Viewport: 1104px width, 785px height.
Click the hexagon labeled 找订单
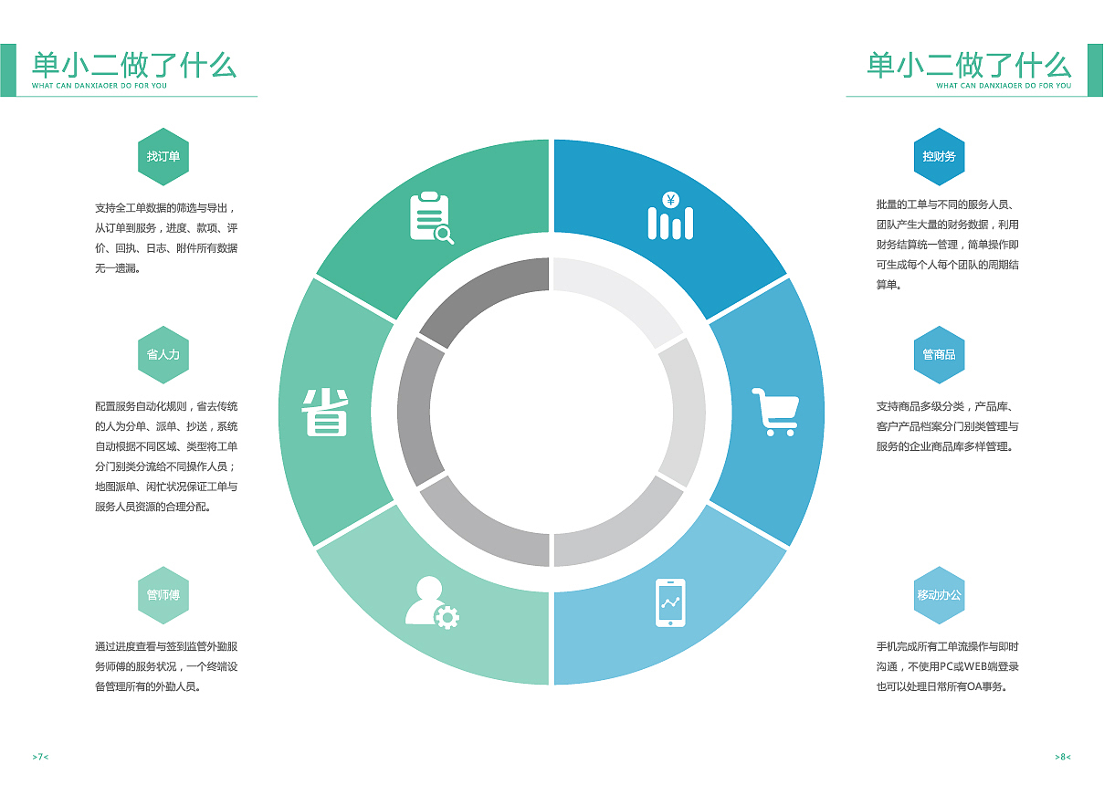click(163, 157)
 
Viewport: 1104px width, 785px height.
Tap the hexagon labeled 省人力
click(163, 355)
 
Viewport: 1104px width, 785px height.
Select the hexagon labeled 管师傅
click(163, 595)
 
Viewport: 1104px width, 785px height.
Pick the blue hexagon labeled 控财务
click(939, 157)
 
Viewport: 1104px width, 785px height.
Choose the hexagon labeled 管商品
click(939, 355)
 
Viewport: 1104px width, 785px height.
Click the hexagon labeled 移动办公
click(939, 595)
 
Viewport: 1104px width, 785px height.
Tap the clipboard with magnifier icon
click(431, 217)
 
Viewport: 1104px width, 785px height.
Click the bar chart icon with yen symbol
click(670, 215)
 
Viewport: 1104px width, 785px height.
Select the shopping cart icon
click(775, 412)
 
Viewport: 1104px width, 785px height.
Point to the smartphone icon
click(670, 602)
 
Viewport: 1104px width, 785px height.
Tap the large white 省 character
click(325, 413)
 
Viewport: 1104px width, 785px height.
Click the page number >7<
click(40, 757)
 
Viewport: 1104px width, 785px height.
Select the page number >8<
click(1063, 757)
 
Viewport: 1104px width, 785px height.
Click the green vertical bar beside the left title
click(8, 70)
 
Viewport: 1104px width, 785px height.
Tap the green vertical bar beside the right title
click(1095, 70)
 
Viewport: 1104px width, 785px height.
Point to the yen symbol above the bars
click(670, 200)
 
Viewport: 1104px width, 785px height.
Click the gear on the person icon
click(447, 617)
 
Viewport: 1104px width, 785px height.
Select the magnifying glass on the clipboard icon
click(445, 235)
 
